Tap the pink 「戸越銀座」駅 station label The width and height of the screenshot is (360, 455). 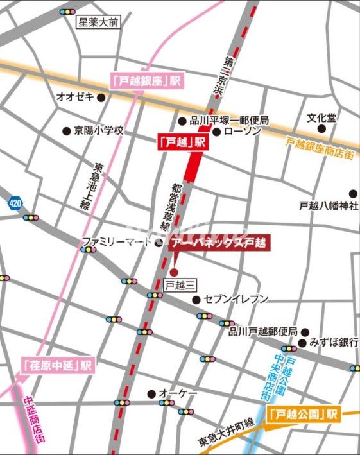click(x=147, y=81)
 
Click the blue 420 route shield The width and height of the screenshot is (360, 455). click(x=14, y=203)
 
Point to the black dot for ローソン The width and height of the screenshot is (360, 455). click(x=217, y=132)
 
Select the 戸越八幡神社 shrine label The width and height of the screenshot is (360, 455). click(x=328, y=206)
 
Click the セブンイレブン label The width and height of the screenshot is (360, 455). click(x=236, y=299)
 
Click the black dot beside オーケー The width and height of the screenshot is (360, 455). click(x=151, y=393)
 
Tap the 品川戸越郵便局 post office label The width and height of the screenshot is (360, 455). click(x=262, y=332)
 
